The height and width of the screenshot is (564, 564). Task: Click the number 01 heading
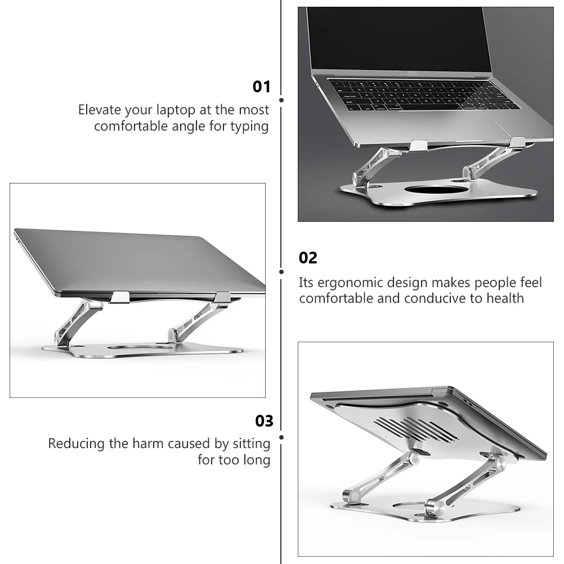coord(261,87)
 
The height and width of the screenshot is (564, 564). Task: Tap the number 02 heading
coord(308,258)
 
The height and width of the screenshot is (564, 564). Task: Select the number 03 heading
coord(264,421)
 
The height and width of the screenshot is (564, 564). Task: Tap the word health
coord(505,298)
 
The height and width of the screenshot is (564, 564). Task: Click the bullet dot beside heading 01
coord(281,100)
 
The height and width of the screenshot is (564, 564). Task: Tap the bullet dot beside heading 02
coord(281,272)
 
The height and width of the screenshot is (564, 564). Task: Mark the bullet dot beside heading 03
coord(281,437)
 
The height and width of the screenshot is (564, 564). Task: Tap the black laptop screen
coord(399,38)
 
